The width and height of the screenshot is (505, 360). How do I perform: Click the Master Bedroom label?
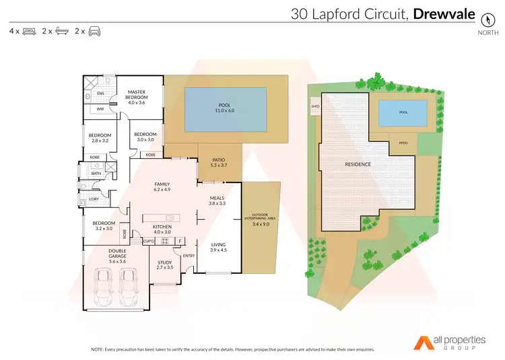[137, 94]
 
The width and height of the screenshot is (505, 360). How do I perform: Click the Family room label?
[162, 184]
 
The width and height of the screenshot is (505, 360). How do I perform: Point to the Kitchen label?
[162, 227]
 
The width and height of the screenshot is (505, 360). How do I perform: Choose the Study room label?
[165, 262]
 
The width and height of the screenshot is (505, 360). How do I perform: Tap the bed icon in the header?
[29, 32]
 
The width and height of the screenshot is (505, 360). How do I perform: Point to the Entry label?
[189, 256]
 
